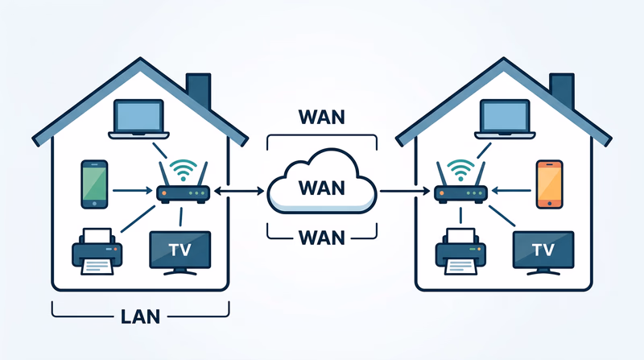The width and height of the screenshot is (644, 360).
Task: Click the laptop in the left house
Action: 142,118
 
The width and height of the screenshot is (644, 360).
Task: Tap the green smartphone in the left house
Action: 94,183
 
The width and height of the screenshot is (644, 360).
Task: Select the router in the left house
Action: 182,193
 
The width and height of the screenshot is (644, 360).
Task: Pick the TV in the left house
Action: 180,250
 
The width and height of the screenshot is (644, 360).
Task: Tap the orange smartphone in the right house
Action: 548,183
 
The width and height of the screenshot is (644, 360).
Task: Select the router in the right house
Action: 460,193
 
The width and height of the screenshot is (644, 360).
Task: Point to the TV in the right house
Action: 543,250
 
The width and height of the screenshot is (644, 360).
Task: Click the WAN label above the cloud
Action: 321,116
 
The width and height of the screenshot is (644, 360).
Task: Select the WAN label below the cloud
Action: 321,238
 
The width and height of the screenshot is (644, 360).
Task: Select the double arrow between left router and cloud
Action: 238,192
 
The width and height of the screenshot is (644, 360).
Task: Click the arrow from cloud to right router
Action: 405,192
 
